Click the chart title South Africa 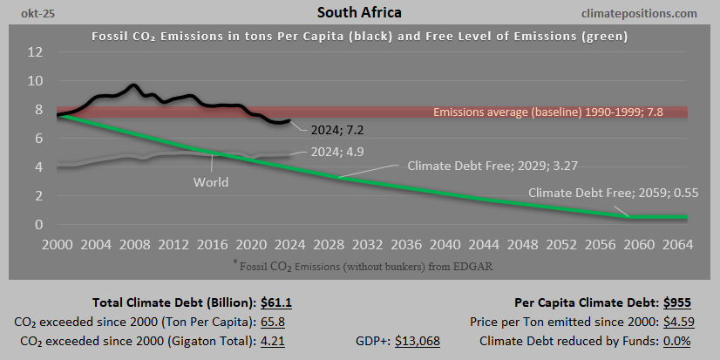tap(359, 13)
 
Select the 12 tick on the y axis tap(36, 52)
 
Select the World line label tap(211, 182)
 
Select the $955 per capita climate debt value tap(679, 302)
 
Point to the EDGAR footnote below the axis tap(359, 262)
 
